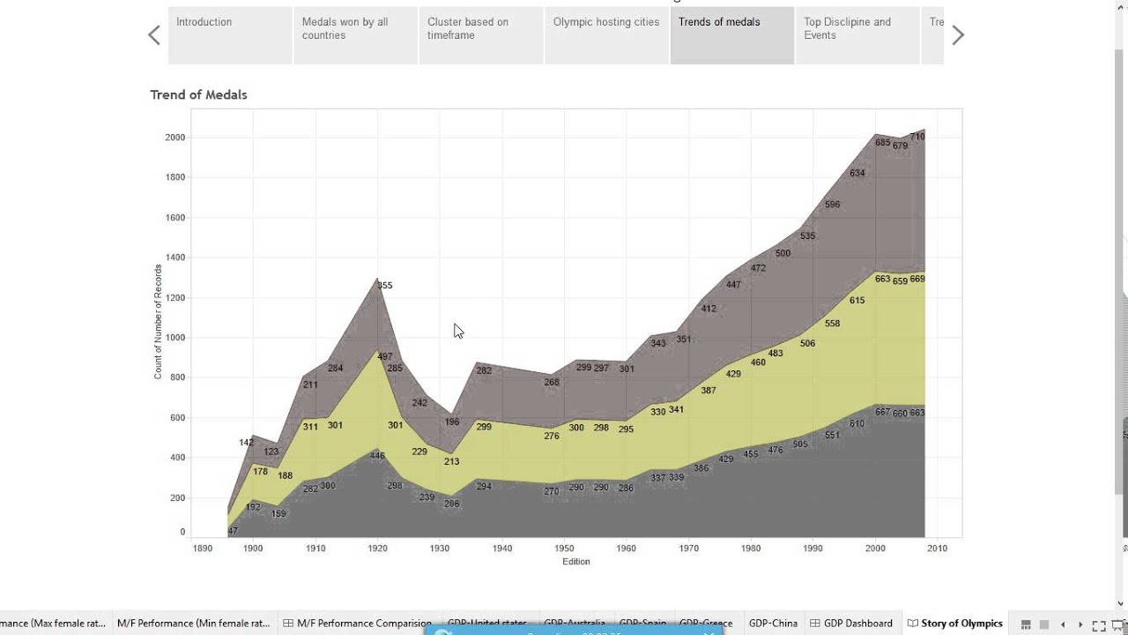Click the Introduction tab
tap(229, 35)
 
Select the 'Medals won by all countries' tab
tap(355, 35)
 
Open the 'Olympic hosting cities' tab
tap(606, 35)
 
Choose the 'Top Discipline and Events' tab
tap(857, 35)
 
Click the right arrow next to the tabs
tap(958, 35)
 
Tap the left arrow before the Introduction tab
tap(154, 35)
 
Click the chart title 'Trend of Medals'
tap(198, 94)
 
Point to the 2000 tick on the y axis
tap(174, 138)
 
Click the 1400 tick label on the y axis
tap(174, 258)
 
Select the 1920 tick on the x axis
tap(378, 548)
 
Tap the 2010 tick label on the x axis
tap(937, 548)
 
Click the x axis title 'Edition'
tap(576, 562)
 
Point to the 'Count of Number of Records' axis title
tap(159, 322)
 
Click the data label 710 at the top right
tap(916, 137)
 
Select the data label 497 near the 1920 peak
tap(385, 357)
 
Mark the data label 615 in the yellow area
tap(857, 301)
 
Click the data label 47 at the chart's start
tap(233, 532)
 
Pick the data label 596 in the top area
tap(832, 205)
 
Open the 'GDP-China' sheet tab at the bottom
tap(773, 624)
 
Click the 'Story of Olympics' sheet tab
tap(961, 624)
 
